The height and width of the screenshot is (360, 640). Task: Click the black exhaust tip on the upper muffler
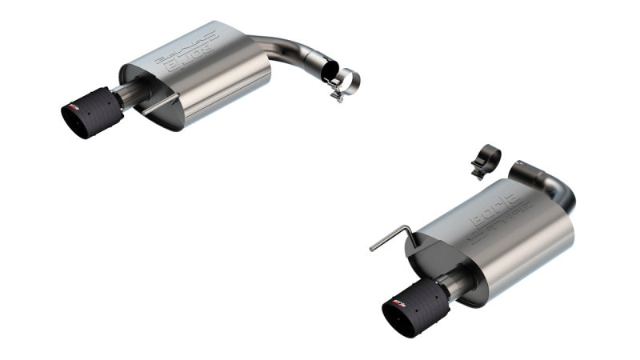coord(90,117)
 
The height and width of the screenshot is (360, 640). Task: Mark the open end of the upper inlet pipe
coord(329,71)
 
